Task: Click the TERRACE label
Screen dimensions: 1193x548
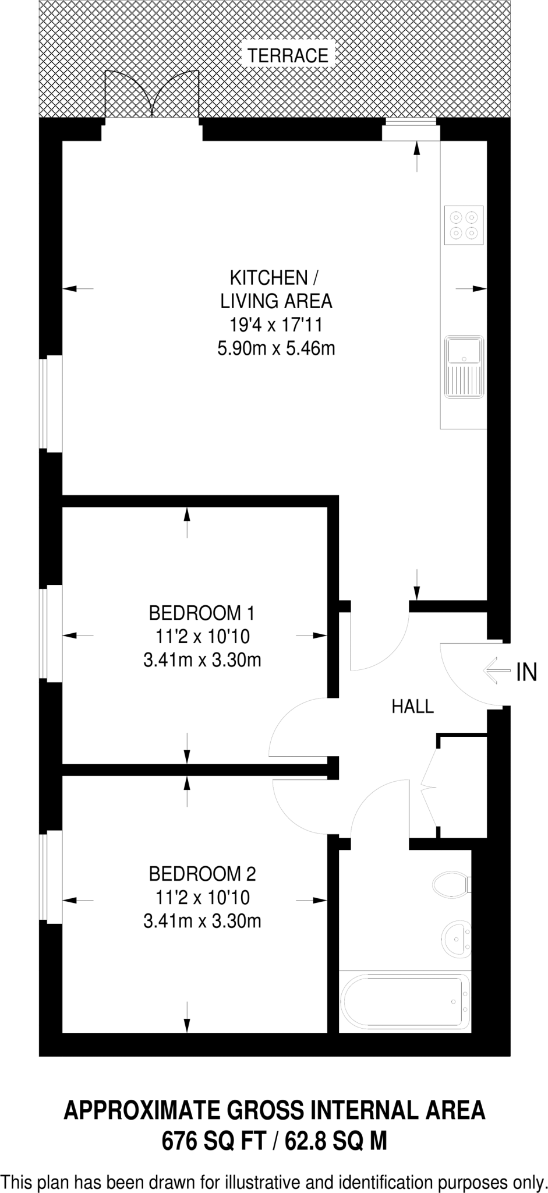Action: pyautogui.click(x=288, y=56)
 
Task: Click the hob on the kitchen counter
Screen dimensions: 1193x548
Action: pyautogui.click(x=464, y=225)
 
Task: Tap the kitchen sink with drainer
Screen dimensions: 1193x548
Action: pyautogui.click(x=464, y=367)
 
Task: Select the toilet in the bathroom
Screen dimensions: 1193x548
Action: pyautogui.click(x=451, y=884)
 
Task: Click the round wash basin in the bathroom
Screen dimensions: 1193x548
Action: pyautogui.click(x=455, y=938)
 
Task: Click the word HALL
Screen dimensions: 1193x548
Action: pyautogui.click(x=412, y=707)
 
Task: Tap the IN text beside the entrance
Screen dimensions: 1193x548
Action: pyautogui.click(x=526, y=673)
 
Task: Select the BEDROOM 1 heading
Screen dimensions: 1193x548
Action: pyautogui.click(x=201, y=613)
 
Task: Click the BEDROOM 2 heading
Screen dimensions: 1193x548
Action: pyautogui.click(x=202, y=874)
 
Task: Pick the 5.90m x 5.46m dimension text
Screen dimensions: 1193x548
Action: pyautogui.click(x=276, y=349)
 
